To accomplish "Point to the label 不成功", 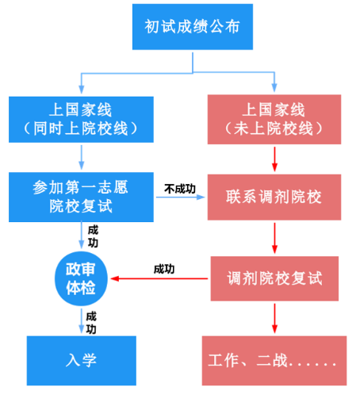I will coord(180,188).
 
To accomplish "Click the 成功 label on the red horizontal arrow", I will coord(164,269).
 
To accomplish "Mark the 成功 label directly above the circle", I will coord(94,235).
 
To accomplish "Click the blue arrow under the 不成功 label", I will coord(181,199).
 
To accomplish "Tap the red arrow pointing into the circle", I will coord(159,279).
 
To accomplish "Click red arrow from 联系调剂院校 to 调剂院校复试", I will coord(274,237).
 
